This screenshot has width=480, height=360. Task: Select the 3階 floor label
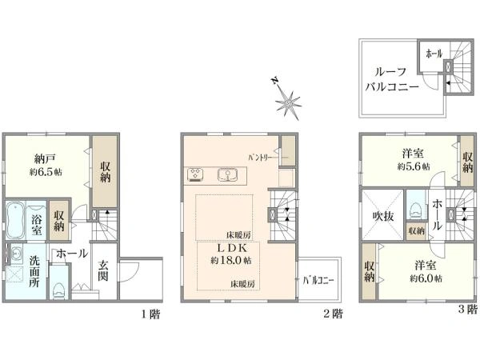pos(468,311)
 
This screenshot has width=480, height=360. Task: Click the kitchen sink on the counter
pos(226,174)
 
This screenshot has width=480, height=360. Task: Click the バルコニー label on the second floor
pos(318,280)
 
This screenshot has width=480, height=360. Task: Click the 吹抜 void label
pos(380,216)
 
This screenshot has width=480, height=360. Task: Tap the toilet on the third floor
pos(415,210)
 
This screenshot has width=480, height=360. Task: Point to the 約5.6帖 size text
pos(413,166)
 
